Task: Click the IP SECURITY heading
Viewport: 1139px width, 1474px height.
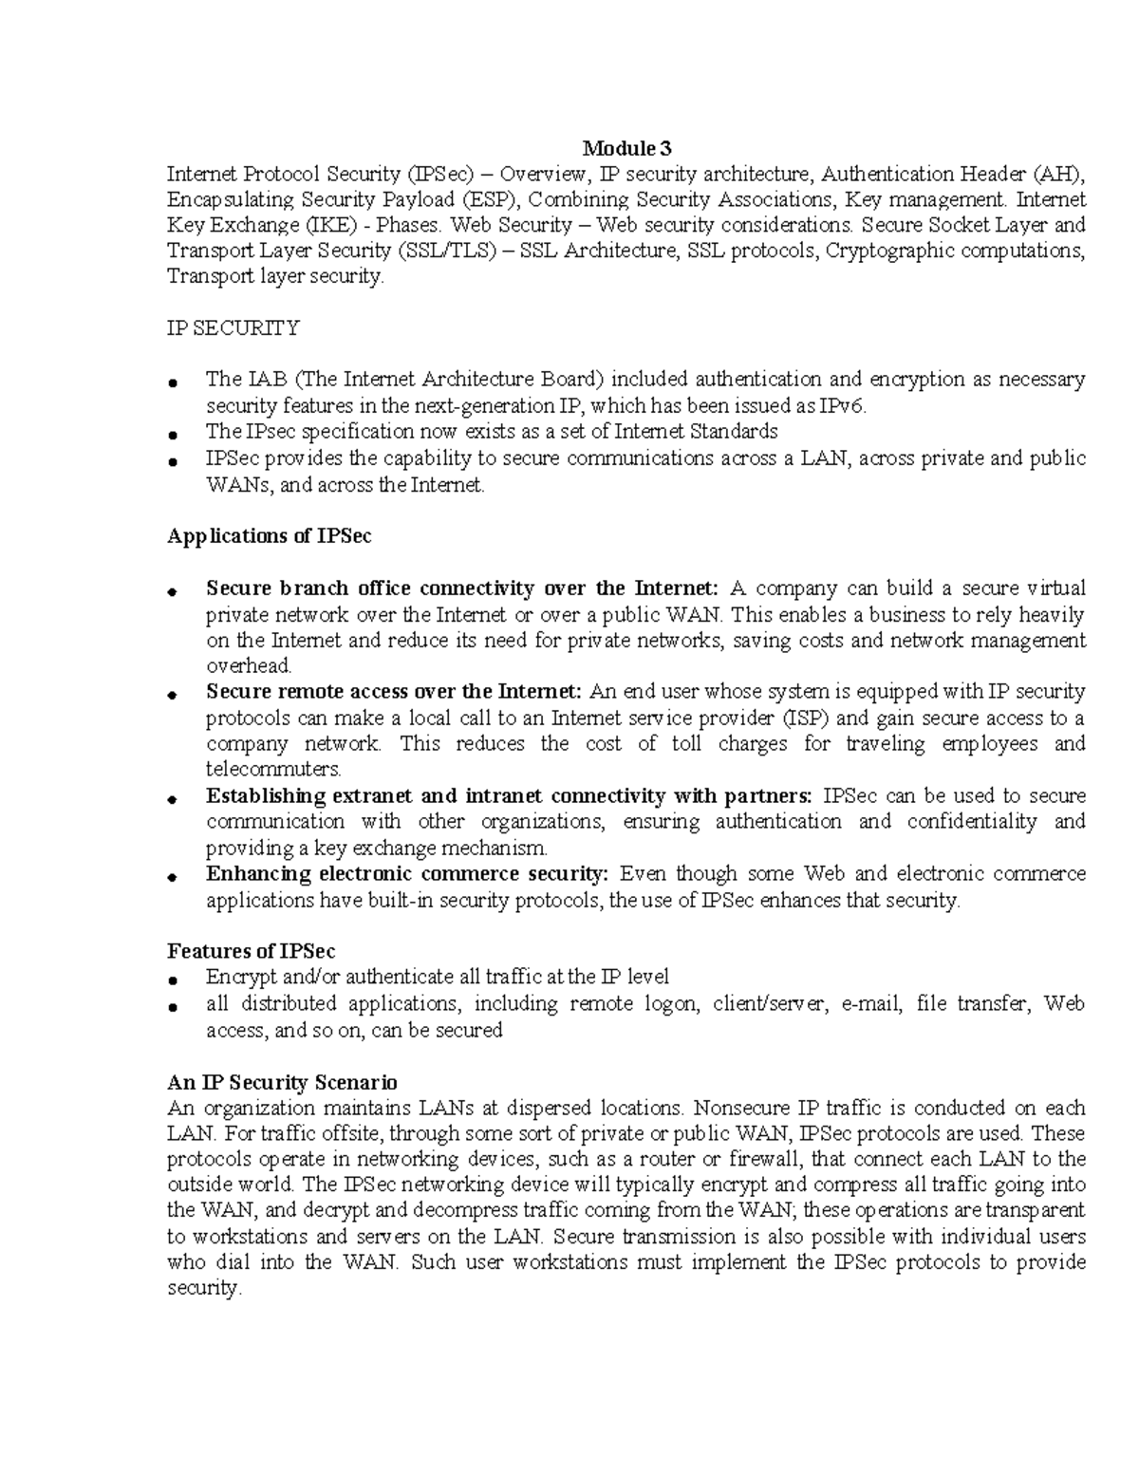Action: [233, 328]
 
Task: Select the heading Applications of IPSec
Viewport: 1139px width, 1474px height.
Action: [269, 536]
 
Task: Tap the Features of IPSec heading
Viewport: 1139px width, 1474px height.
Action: [251, 951]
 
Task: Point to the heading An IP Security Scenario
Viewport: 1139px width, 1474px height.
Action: [282, 1082]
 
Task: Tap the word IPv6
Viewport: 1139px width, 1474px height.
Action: [842, 406]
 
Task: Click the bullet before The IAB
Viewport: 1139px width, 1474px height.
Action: [172, 382]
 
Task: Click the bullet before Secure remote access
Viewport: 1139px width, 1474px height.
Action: [172, 695]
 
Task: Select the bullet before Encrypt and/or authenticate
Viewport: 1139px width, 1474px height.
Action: [172, 980]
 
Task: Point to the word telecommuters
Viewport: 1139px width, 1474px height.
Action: [272, 769]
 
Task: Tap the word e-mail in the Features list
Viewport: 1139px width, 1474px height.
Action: [868, 1003]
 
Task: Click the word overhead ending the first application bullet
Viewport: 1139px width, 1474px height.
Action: [248, 666]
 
